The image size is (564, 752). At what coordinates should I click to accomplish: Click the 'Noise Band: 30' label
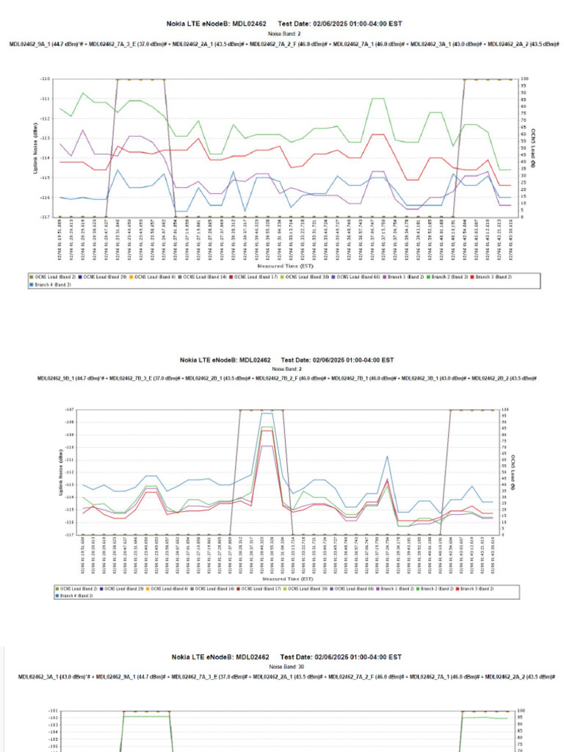coord(281,666)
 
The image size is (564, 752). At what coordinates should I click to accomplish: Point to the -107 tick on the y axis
coord(70,409)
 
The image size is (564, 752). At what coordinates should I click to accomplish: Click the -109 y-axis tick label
coord(70,434)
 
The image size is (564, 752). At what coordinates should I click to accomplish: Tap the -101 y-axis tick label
coord(52,711)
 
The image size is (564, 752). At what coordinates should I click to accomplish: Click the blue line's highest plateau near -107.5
coord(267,413)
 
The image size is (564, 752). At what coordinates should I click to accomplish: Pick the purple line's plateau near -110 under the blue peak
coord(267,446)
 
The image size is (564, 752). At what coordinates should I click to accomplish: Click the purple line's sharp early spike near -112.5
coord(83,131)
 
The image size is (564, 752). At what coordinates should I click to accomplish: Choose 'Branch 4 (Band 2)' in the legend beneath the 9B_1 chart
coord(75,596)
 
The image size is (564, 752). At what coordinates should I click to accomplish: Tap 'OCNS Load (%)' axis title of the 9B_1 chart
coord(513,471)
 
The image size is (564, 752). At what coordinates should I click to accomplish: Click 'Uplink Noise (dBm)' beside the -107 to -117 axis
coord(61,471)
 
